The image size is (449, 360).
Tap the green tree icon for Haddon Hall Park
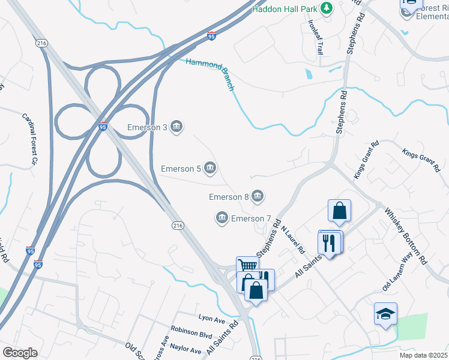pyautogui.click(x=327, y=8)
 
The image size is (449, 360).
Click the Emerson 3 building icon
pyautogui.click(x=177, y=127)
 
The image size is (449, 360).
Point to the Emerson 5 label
pyautogui.click(x=181, y=169)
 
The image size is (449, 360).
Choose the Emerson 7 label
pyautogui.click(x=252, y=218)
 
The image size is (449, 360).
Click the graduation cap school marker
pyautogui.click(x=385, y=314)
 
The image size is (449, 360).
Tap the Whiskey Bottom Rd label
pyautogui.click(x=405, y=236)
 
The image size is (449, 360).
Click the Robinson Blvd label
pyautogui.click(x=191, y=329)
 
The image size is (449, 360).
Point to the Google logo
pyautogui.click(x=20, y=352)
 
